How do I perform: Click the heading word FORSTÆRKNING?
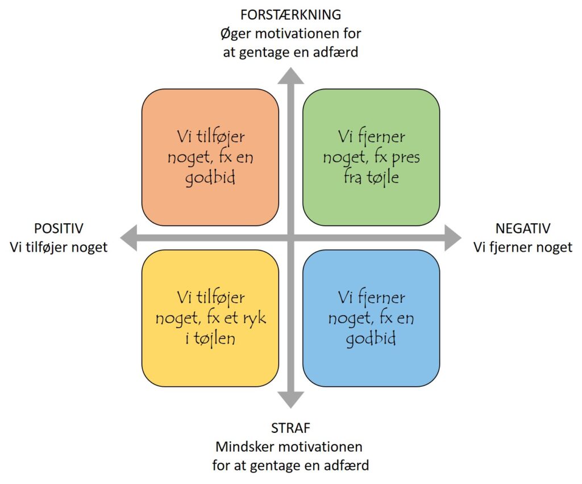(290, 14)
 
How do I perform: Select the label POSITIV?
(59, 228)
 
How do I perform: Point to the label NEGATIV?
(523, 228)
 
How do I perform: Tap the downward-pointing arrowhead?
(290, 400)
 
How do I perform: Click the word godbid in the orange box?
(210, 177)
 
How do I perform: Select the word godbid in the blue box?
(372, 339)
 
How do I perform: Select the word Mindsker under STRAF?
(247, 446)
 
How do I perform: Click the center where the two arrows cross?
(290, 237)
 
